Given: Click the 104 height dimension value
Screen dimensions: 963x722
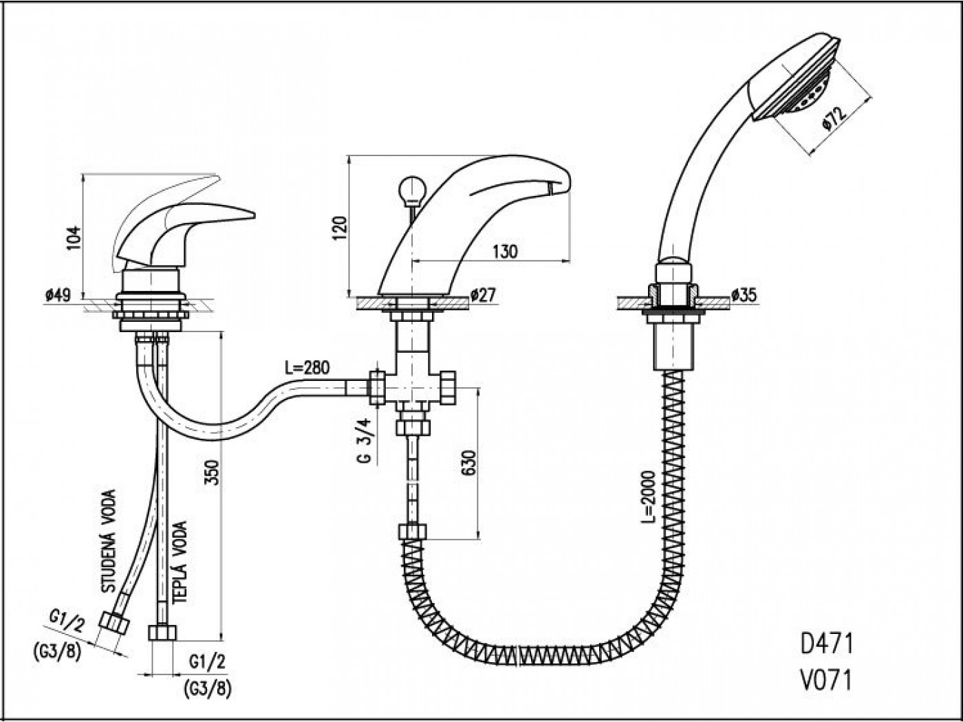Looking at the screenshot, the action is [74, 238].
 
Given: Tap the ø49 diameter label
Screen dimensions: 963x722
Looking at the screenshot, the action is [58, 296].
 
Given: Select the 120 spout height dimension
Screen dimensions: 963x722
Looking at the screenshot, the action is [340, 228].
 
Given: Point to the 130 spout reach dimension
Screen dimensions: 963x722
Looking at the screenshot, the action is [505, 252].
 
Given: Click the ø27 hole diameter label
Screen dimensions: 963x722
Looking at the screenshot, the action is [483, 296].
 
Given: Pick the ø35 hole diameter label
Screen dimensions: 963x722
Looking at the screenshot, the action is [744, 296].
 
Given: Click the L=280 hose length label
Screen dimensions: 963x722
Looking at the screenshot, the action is [307, 367].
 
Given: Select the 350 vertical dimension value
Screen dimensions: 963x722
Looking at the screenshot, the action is [212, 472].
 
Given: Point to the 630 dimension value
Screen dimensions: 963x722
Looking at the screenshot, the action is [468, 463].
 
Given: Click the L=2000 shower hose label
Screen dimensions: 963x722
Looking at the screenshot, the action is [647, 496].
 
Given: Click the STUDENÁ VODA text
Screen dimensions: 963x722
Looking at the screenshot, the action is [109, 541].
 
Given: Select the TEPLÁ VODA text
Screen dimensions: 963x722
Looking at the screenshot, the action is [180, 563].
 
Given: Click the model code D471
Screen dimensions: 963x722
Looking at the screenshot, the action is [827, 644].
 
